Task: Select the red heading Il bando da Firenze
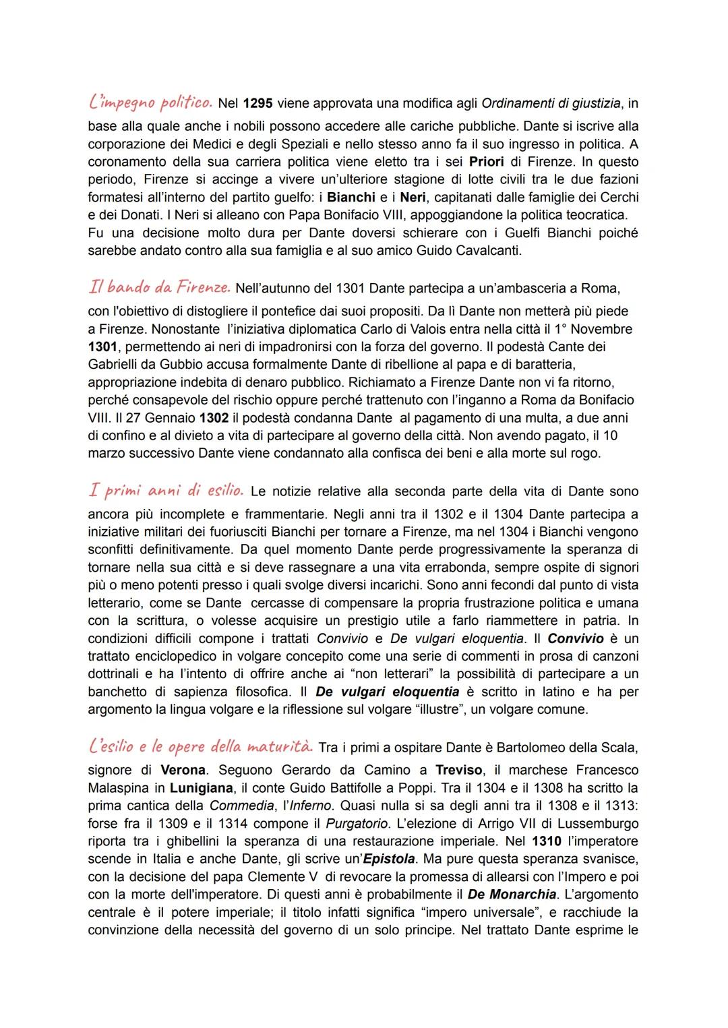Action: coord(159,288)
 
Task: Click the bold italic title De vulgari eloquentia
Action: coord(387,692)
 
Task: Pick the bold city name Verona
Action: coord(183,770)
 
